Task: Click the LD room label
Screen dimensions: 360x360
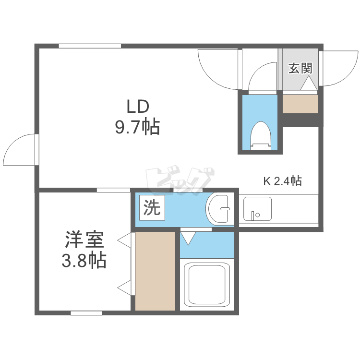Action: click(138, 107)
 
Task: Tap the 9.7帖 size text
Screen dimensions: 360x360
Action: click(137, 127)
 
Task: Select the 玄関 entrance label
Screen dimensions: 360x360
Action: click(300, 68)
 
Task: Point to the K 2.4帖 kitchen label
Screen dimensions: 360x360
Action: click(282, 181)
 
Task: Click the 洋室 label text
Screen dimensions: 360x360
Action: click(84, 240)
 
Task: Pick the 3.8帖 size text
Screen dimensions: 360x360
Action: click(84, 261)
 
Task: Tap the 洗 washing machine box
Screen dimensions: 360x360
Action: click(152, 207)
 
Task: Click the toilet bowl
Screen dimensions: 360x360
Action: click(260, 136)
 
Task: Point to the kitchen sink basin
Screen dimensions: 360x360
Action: click(257, 209)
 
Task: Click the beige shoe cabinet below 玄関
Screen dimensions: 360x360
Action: click(300, 104)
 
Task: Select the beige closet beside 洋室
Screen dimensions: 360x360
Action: click(156, 271)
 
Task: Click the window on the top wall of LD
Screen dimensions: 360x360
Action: click(90, 46)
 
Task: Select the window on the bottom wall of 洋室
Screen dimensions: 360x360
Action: click(86, 313)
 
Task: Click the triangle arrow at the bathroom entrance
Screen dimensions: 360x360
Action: click(188, 238)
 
